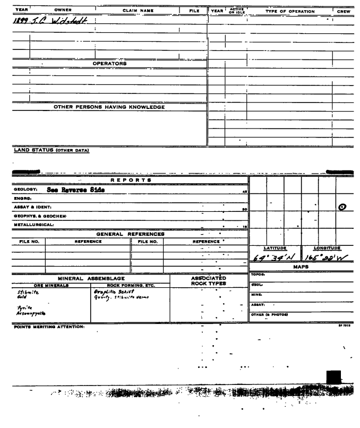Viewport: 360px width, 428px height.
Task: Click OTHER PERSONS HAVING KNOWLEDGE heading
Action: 109,107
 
